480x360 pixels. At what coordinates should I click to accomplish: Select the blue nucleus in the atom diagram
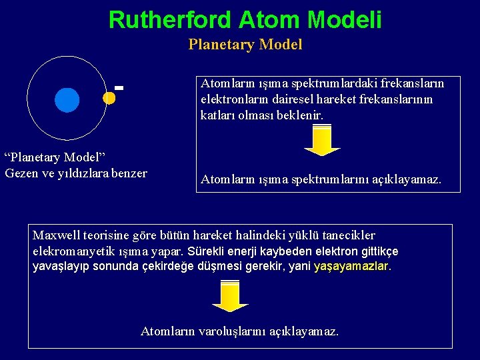67,99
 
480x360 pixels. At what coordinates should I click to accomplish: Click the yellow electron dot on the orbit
109,97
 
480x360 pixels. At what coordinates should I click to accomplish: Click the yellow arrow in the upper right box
322,141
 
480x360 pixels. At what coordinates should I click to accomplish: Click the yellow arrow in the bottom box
230,296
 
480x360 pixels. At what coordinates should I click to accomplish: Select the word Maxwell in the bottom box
56,235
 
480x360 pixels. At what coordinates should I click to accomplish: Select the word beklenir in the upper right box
299,115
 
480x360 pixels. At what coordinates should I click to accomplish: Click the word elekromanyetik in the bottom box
71,251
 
